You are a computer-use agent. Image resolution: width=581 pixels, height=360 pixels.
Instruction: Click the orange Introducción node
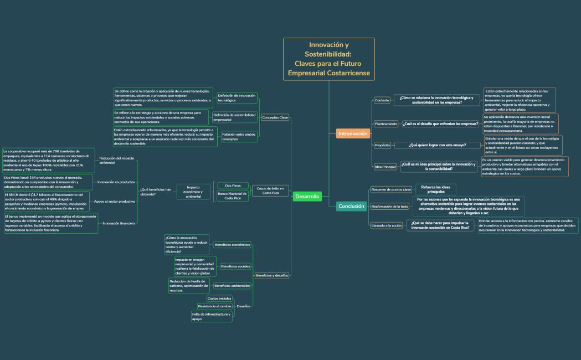[x=353, y=133]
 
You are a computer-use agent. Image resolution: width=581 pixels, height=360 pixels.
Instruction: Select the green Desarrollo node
[x=307, y=197]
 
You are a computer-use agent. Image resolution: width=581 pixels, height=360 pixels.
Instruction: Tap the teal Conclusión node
[x=351, y=206]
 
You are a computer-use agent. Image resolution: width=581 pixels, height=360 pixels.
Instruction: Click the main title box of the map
[x=329, y=59]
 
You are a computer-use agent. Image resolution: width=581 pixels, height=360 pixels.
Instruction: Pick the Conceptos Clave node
[x=275, y=117]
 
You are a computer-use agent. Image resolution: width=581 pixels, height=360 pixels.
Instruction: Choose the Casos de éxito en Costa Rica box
[x=270, y=191]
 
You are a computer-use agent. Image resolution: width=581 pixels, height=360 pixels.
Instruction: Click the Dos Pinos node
[x=233, y=186]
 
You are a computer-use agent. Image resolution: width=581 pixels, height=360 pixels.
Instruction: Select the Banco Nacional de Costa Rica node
[x=233, y=196]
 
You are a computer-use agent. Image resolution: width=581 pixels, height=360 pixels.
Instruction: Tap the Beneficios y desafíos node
[x=271, y=275]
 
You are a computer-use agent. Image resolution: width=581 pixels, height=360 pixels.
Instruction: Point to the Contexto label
[x=382, y=100]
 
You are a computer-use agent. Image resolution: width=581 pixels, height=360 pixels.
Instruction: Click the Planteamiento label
[x=385, y=124]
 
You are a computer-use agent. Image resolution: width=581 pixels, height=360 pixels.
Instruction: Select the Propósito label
[x=382, y=145]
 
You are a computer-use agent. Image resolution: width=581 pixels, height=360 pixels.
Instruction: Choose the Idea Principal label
[x=385, y=167]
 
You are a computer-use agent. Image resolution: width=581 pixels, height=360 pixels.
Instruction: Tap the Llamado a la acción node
[x=387, y=225]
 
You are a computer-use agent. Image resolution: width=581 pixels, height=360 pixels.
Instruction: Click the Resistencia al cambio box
[x=214, y=306]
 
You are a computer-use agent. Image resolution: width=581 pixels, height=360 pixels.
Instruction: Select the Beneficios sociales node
[x=235, y=266]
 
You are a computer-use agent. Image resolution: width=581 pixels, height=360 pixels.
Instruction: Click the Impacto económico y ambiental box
[x=193, y=192]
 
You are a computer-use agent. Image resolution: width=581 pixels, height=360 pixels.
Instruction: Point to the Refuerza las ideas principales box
[x=435, y=189]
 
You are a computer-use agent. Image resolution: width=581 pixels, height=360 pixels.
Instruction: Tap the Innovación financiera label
[x=119, y=223]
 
